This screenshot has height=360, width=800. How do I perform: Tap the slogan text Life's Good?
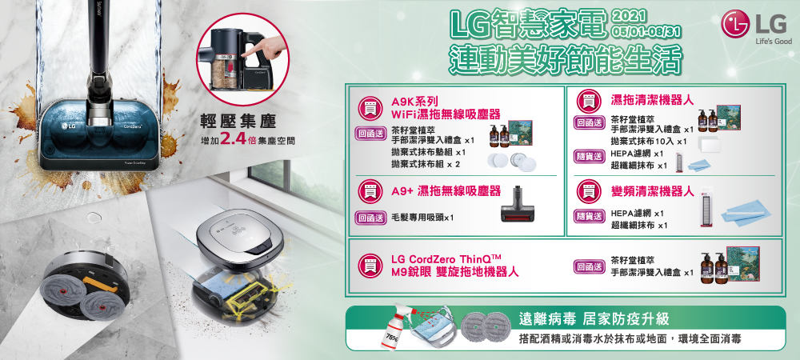pos(773,42)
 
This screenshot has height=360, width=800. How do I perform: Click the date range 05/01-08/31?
pos(647,32)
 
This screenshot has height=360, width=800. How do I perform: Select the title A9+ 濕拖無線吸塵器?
pos(446,191)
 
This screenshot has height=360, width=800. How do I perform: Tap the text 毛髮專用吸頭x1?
pos(422,218)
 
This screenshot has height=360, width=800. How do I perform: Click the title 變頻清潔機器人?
pos(652,192)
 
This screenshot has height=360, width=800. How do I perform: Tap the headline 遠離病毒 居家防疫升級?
pos(593,320)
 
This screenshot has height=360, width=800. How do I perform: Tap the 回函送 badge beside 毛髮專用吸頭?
pos(371,218)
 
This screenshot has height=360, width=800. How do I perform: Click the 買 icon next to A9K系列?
pos(370,107)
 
